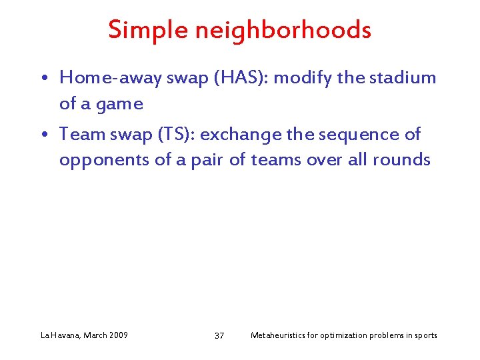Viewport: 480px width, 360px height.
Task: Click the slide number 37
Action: point(219,335)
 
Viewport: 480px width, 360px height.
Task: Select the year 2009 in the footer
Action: point(117,335)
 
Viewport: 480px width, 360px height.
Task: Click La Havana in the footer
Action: point(59,335)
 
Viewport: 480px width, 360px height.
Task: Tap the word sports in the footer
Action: point(425,335)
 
